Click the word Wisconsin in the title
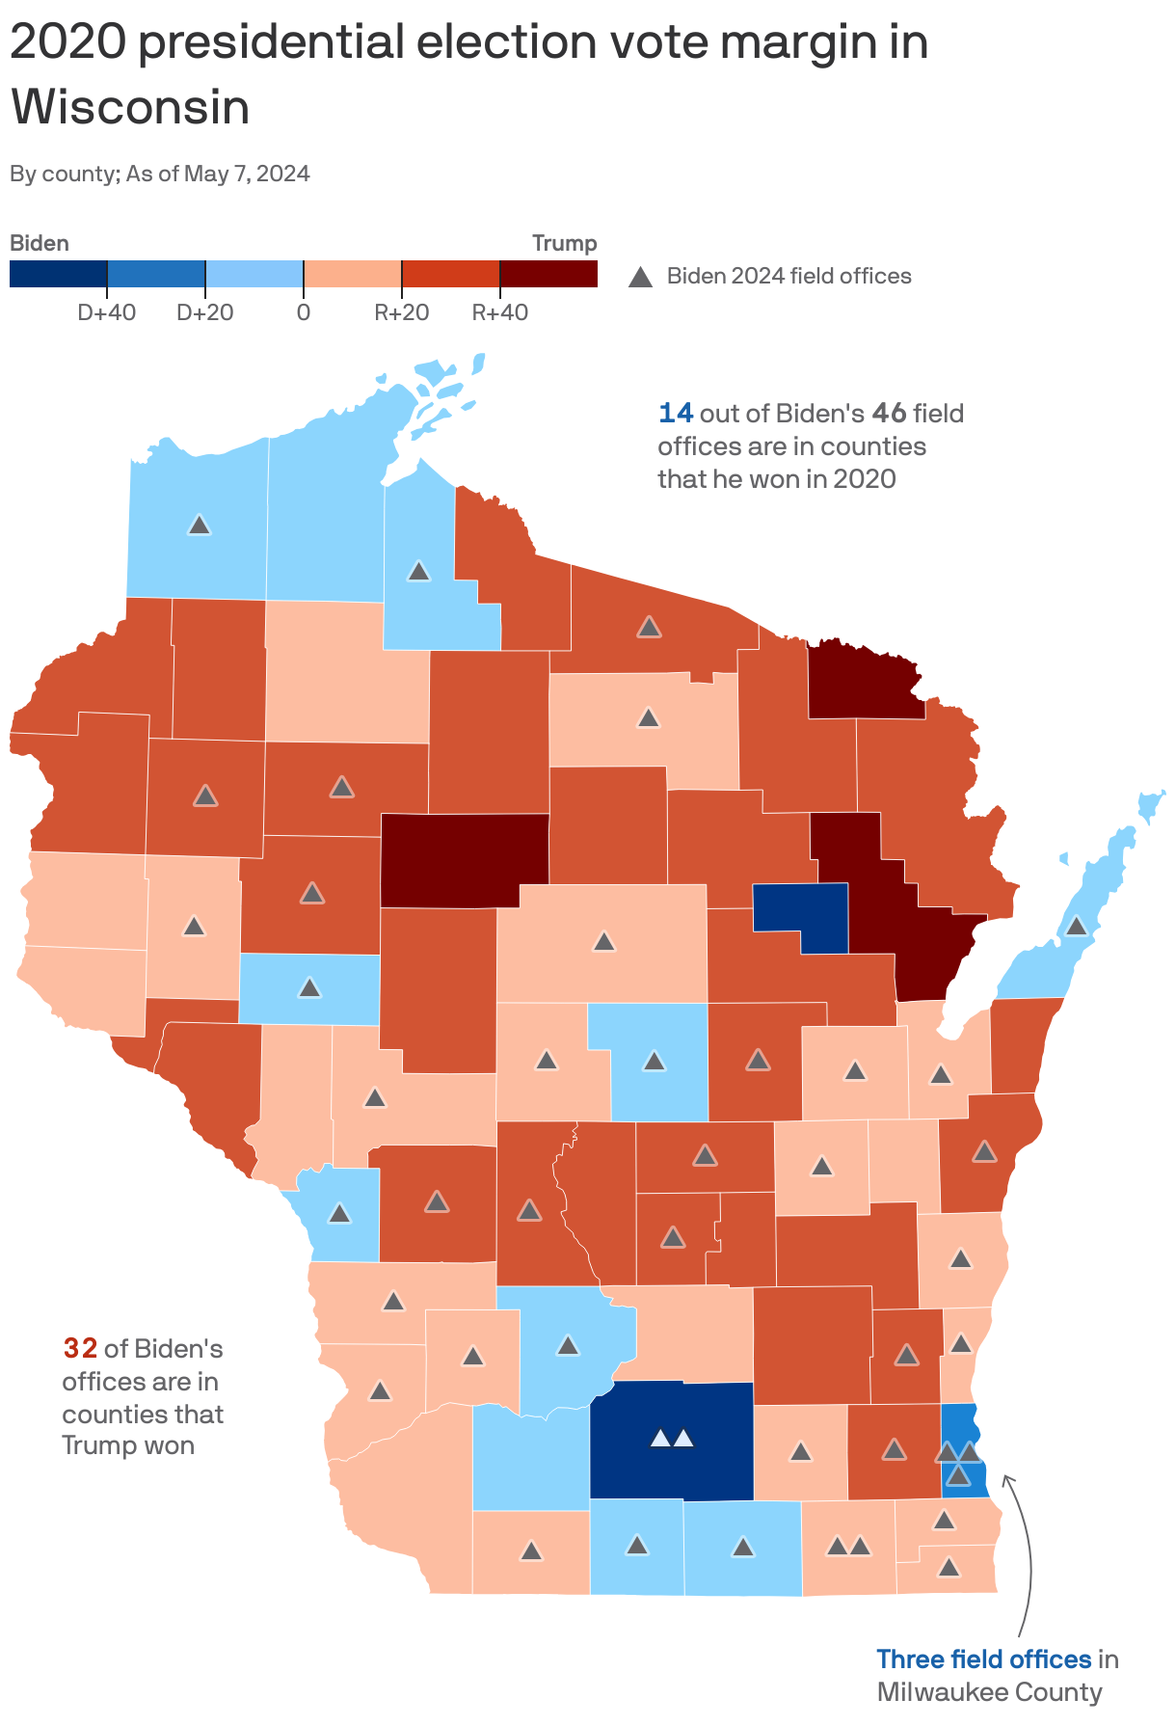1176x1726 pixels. pos(130,107)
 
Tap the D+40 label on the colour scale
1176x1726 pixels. pos(106,312)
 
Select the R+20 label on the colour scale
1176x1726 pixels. pos(402,312)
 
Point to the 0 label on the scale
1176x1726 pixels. pos(304,312)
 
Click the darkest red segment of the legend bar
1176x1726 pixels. pos(548,274)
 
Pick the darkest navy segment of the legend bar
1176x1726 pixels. pos(58,274)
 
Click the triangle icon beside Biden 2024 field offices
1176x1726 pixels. pos(640,278)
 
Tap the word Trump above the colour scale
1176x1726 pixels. pos(564,243)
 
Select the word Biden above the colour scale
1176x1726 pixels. pos(40,243)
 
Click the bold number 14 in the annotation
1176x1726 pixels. pos(675,414)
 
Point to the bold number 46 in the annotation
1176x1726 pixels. pos(889,414)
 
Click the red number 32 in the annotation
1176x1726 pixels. pos(80,1348)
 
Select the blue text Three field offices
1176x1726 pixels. pos(983,1659)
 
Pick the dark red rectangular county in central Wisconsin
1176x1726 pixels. pos(465,859)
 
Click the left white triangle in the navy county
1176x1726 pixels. pos(660,1439)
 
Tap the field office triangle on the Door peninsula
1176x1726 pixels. pos(1077,926)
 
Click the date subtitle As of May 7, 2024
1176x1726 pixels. pos(219,174)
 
